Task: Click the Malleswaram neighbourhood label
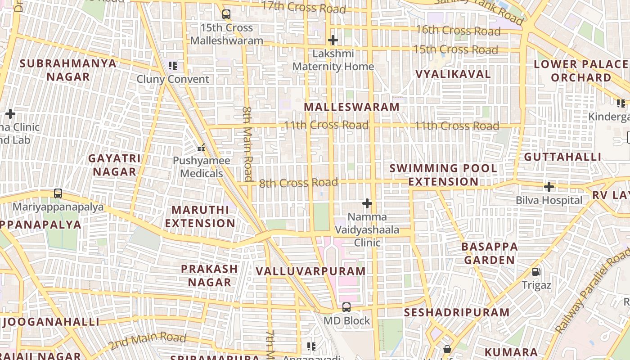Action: pos(351,107)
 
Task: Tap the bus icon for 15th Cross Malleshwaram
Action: pos(226,14)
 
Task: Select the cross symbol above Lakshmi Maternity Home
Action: pos(333,40)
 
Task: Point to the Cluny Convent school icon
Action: pos(173,66)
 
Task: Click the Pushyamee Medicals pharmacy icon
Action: pos(201,147)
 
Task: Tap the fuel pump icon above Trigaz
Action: pos(536,271)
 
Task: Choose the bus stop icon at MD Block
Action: pos(346,307)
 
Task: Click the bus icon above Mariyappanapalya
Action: pos(58,193)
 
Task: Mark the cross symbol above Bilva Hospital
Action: pos(549,186)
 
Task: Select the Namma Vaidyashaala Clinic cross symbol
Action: pos(367,203)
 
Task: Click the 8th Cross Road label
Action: pos(298,183)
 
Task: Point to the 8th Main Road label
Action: pos(248,143)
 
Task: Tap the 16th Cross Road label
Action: pos(458,31)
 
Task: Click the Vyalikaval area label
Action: pos(453,74)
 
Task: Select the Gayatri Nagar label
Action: pos(114,165)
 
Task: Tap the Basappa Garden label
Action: pos(490,253)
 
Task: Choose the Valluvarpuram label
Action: pos(310,271)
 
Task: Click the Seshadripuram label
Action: pos(457,312)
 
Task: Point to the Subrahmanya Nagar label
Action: pos(68,70)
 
